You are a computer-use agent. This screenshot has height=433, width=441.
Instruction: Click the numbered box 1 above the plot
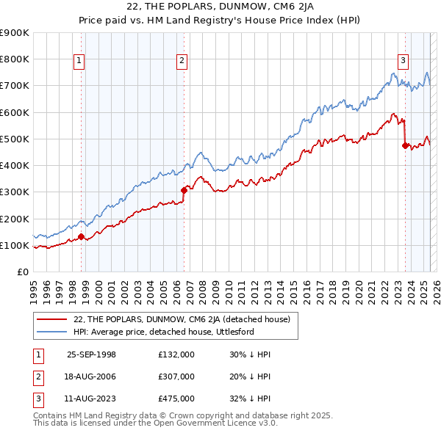click(x=79, y=62)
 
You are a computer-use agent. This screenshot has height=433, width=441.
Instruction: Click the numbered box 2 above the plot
click(x=182, y=62)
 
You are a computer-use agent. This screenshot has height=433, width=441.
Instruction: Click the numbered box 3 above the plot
click(x=404, y=62)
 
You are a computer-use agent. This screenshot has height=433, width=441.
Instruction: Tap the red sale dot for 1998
click(x=82, y=236)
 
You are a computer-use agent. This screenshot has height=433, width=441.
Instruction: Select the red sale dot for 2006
click(x=184, y=190)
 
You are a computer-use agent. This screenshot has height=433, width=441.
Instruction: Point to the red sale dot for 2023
click(x=405, y=145)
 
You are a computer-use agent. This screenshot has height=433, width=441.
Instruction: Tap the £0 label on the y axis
click(x=22, y=272)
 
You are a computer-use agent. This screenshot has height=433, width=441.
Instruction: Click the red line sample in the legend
click(x=53, y=319)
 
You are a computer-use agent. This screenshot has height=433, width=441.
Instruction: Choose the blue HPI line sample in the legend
click(x=53, y=332)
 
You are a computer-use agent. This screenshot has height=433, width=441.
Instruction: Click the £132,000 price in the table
click(x=176, y=354)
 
